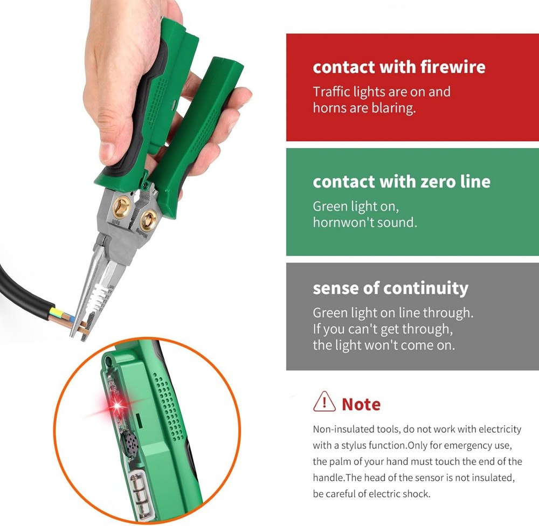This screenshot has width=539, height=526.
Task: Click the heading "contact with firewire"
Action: [399, 67]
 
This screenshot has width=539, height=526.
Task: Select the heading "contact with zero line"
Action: [402, 182]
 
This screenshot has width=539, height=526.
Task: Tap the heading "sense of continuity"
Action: [390, 288]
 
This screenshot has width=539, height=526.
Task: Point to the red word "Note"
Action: [361, 404]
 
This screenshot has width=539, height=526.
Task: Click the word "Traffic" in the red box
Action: [330, 92]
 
